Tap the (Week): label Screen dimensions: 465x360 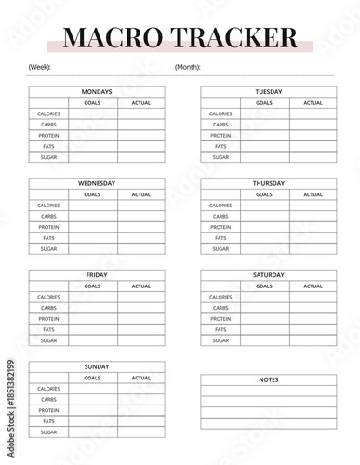click(x=40, y=67)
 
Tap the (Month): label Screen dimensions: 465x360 click(x=188, y=67)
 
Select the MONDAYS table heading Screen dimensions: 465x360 click(x=97, y=92)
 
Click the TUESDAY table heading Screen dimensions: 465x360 click(x=269, y=92)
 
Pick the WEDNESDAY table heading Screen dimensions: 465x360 click(x=97, y=183)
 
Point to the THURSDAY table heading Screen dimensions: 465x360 click(x=269, y=183)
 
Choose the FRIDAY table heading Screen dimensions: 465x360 click(x=97, y=275)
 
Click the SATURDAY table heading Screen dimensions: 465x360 click(x=269, y=275)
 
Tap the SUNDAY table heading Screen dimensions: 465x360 click(x=97, y=366)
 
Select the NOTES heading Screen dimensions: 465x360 click(x=269, y=379)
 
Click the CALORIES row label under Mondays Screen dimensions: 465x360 click(x=49, y=113)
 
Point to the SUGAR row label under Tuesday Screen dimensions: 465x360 click(x=220, y=157)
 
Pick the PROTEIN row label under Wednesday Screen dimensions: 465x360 click(x=49, y=227)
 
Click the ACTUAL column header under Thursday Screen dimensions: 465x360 click(x=313, y=194)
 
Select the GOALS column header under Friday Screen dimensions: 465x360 click(x=93, y=286)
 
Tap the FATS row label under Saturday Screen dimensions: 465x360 click(x=220, y=329)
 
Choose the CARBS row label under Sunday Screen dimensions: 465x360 click(x=49, y=399)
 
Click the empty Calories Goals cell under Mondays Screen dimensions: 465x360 click(x=93, y=113)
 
